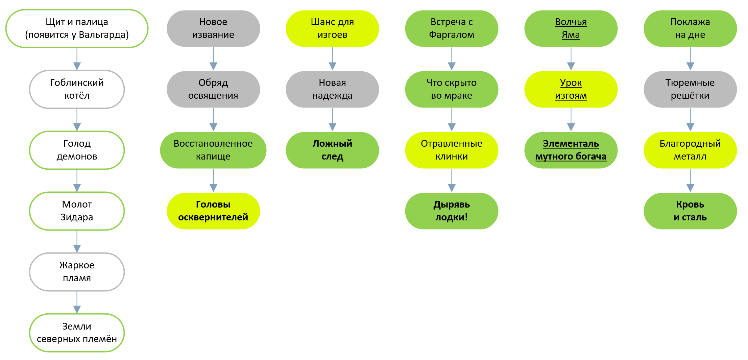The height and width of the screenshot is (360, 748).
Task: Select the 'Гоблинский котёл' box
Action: (x=77, y=89)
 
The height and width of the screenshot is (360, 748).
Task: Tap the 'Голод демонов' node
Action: (x=77, y=150)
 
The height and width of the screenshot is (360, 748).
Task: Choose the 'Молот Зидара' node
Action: (x=77, y=211)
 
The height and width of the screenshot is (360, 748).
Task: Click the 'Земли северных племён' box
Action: (x=77, y=333)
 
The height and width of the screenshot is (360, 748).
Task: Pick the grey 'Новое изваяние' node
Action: (x=213, y=28)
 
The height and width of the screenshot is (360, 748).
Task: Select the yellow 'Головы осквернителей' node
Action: (x=213, y=211)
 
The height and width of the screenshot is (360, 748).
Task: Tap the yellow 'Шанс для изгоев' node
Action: (x=332, y=28)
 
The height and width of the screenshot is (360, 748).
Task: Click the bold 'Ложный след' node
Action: (x=332, y=150)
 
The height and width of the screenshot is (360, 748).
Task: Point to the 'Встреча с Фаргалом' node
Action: (x=452, y=28)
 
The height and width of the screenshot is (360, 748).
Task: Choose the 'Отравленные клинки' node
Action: (x=452, y=150)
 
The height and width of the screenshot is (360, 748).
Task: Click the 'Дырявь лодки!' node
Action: (x=452, y=211)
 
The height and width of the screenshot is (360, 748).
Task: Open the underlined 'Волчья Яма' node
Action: (x=571, y=28)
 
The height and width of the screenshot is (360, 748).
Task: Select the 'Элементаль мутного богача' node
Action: (x=571, y=150)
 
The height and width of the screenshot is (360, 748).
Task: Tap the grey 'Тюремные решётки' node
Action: (x=690, y=89)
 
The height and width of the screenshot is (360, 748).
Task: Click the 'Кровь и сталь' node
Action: (x=690, y=211)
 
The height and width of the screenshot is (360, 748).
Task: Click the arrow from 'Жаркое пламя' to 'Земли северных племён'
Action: (x=77, y=302)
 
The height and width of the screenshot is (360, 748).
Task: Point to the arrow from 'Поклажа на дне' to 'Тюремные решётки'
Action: (x=690, y=59)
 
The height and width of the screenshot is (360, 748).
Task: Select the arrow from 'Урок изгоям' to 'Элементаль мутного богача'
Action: (x=571, y=120)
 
